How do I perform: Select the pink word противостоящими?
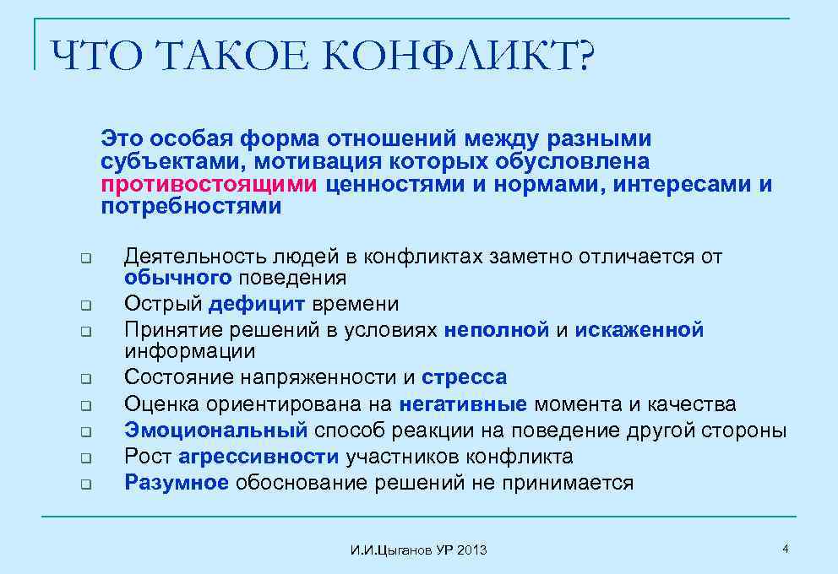click(209, 184)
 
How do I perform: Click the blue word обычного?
click(177, 278)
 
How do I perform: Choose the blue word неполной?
click(497, 330)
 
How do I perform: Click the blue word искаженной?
click(639, 330)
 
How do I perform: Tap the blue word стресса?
click(465, 377)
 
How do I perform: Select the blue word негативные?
click(463, 404)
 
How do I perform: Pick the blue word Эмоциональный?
click(216, 430)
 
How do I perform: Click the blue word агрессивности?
click(258, 457)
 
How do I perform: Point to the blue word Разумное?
click(177, 483)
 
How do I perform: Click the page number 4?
click(786, 550)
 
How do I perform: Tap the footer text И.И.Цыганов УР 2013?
click(418, 550)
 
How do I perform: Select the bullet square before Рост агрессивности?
click(85, 458)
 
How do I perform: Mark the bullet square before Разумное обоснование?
click(85, 485)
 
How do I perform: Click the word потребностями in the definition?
click(192, 207)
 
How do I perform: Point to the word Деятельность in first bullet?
click(194, 257)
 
